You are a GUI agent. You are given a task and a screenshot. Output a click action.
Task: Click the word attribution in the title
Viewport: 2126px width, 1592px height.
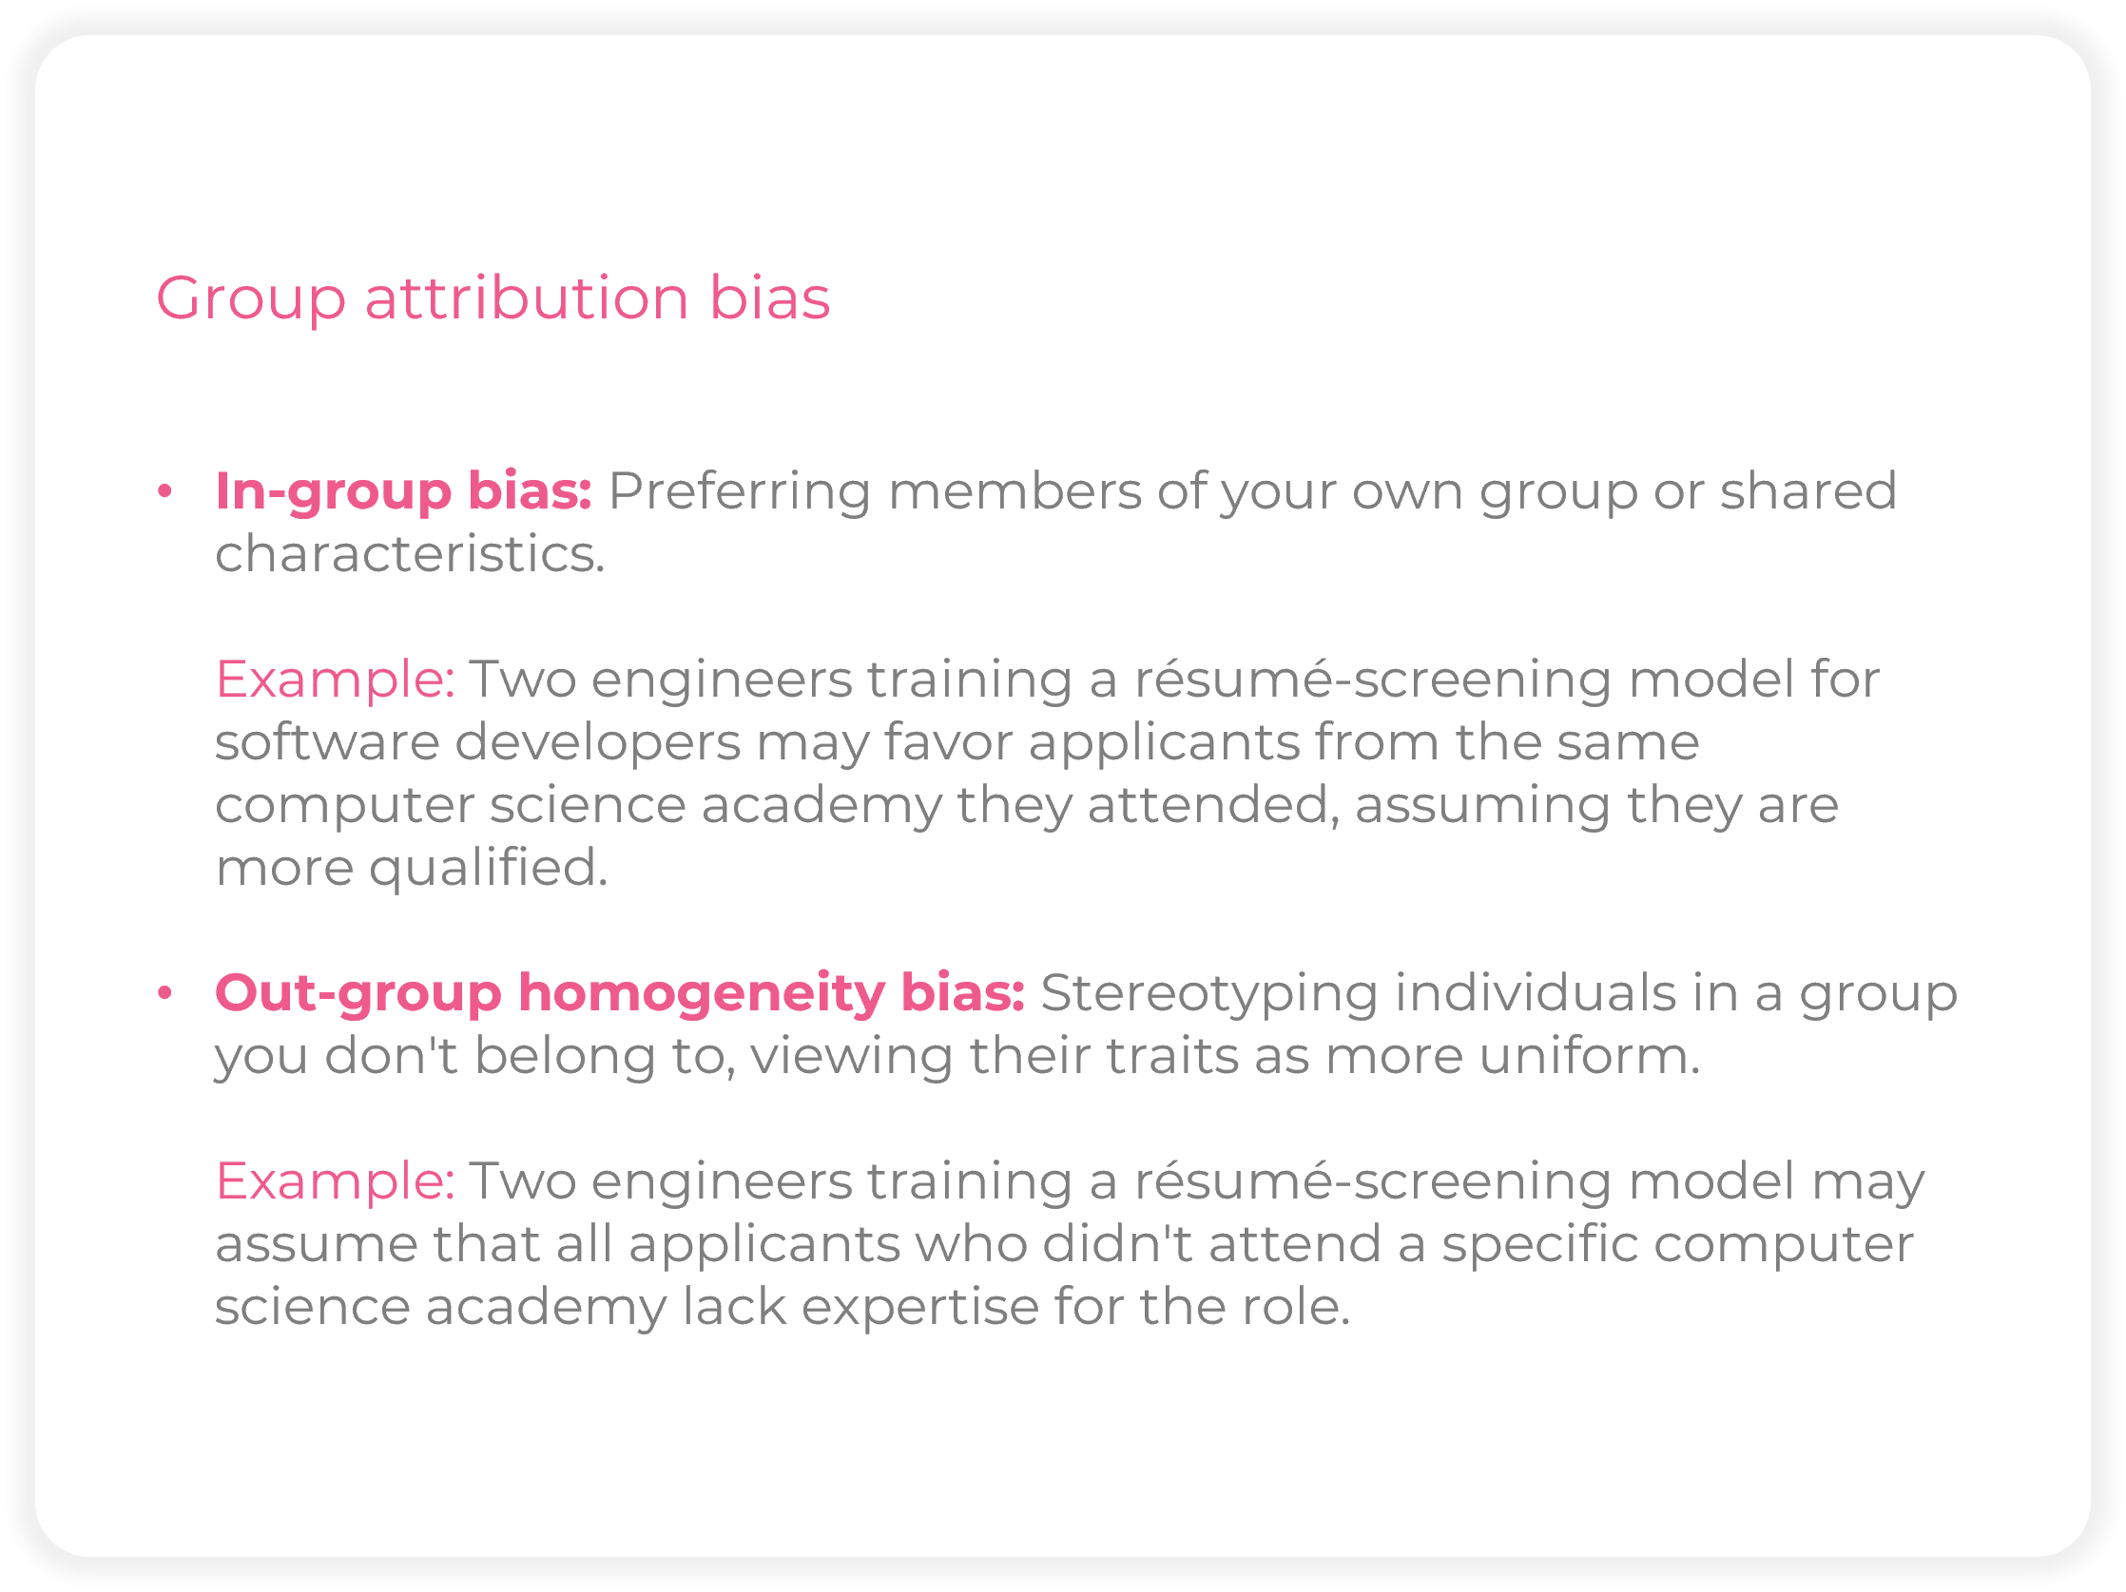coord(527,297)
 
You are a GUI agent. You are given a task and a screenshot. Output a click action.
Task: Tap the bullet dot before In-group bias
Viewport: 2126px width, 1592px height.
coord(164,491)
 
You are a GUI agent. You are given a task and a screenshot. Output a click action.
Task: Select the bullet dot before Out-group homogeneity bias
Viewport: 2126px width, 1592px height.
coord(164,992)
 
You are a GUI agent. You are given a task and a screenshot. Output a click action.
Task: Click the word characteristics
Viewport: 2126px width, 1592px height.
coord(411,554)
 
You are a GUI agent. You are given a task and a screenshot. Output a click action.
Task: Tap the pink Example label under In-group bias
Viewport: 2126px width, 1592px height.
coord(336,681)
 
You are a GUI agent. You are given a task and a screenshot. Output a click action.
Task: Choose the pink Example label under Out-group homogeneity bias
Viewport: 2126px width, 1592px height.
coord(336,1181)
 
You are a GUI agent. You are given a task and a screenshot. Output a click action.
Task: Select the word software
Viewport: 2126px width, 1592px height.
coord(328,742)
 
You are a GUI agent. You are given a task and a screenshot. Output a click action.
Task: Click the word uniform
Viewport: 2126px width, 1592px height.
coord(1590,1056)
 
